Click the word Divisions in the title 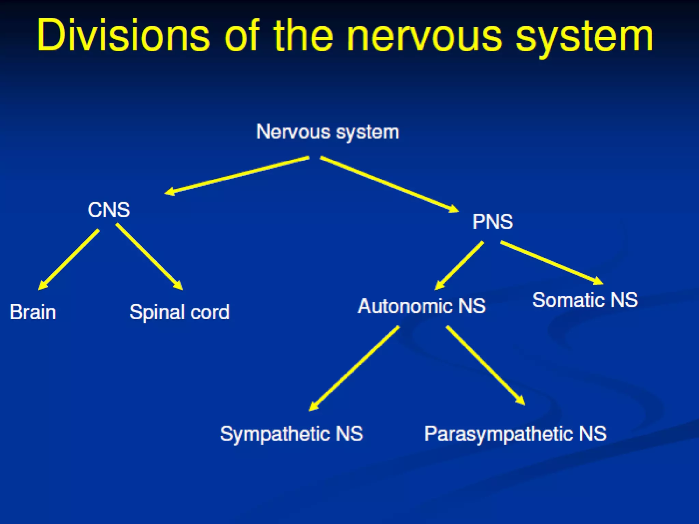point(123,36)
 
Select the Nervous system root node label point(327,132)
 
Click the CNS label point(109,209)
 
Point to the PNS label point(493,222)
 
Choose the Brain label point(33,312)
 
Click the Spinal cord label point(179,312)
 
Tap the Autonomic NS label point(422,306)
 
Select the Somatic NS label point(585,300)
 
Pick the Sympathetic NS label point(291,434)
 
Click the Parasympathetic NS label point(515,434)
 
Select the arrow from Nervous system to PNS point(389,184)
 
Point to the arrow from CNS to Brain point(69,260)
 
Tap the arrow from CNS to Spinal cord point(149,257)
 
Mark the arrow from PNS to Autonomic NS point(459,266)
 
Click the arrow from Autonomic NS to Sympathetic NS point(354,368)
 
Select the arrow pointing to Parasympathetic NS point(485,365)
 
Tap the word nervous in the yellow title point(424,36)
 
